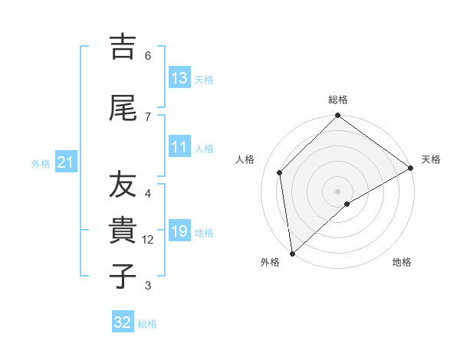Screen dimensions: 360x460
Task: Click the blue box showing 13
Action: (x=179, y=78)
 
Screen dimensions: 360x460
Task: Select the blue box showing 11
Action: (x=179, y=147)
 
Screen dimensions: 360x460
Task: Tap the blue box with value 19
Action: (x=179, y=231)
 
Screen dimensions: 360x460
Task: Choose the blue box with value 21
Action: (x=66, y=162)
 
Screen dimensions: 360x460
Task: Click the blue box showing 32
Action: (x=123, y=322)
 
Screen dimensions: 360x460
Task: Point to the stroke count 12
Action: (x=148, y=240)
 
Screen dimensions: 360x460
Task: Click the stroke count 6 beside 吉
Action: (x=148, y=55)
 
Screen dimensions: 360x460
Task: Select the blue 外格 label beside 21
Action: (x=41, y=163)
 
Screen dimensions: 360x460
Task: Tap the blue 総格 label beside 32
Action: (x=147, y=323)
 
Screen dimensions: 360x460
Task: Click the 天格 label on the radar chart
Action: (x=431, y=159)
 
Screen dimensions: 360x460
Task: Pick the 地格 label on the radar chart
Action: (x=402, y=262)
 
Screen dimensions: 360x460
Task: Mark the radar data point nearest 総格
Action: (x=337, y=116)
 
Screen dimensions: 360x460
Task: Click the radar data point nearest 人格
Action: (x=280, y=172)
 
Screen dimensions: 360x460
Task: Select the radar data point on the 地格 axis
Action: (x=347, y=204)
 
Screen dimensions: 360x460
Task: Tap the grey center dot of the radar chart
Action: (x=337, y=191)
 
